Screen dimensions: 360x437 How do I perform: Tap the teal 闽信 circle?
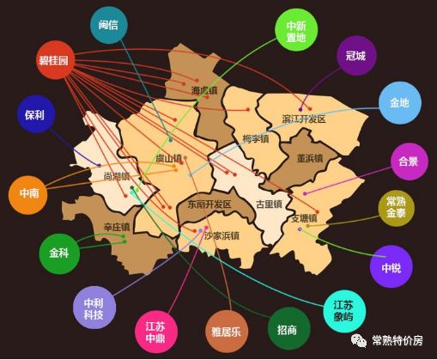click(x=109, y=25)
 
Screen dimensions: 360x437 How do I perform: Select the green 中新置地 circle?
click(x=295, y=31)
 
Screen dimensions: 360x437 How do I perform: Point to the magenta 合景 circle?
click(x=408, y=161)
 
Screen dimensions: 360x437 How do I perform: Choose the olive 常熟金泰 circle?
click(x=396, y=207)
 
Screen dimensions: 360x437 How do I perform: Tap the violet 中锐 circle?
click(x=391, y=267)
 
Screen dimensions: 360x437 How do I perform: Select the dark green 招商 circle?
click(x=288, y=329)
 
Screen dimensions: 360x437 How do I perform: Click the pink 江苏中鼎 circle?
click(x=155, y=331)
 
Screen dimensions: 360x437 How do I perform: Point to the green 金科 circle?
click(x=58, y=254)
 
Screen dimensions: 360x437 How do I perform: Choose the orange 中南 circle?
click(x=28, y=195)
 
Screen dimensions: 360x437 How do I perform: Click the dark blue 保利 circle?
click(x=35, y=114)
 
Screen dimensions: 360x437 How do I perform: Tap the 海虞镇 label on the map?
click(x=204, y=90)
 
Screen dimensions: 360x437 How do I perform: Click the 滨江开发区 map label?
click(x=304, y=119)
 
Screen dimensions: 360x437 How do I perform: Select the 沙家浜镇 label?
click(x=221, y=235)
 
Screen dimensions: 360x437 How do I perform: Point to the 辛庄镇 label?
click(x=117, y=227)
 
